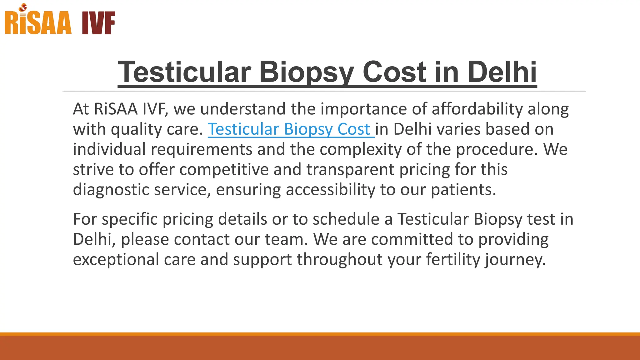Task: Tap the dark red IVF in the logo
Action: click(98, 23)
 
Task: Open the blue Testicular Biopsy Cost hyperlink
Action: click(289, 129)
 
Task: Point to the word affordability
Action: click(477, 109)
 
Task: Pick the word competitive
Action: click(224, 169)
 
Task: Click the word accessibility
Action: click(330, 189)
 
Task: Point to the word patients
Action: click(463, 189)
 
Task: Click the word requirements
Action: click(202, 149)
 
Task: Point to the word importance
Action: click(364, 109)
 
